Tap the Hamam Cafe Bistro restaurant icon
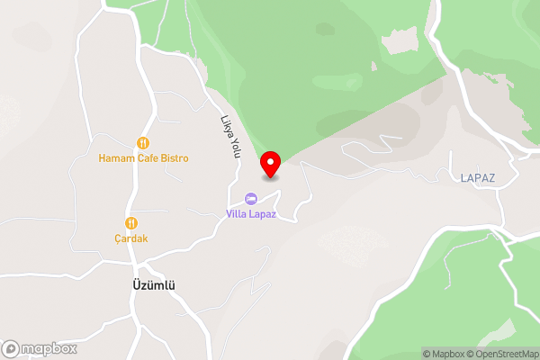click(142, 143)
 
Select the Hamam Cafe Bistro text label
click(144, 158)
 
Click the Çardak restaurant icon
click(131, 222)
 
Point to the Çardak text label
click(131, 238)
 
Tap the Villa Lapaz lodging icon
click(250, 198)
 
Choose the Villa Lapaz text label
click(250, 213)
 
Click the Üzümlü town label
click(148, 285)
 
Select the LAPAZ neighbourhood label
click(477, 179)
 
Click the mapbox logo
click(37, 348)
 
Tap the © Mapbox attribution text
click(445, 354)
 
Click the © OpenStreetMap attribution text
click(502, 354)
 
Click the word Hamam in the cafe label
click(115, 158)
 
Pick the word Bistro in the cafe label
click(173, 158)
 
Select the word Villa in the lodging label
click(235, 213)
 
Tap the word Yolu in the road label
click(234, 147)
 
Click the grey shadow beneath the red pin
click(270, 177)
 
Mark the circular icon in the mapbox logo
click(12, 348)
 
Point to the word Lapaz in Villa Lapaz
click(262, 213)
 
